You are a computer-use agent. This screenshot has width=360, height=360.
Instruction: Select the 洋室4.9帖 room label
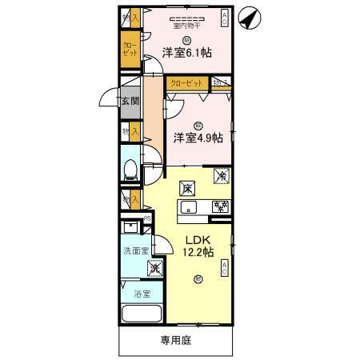point(197,137)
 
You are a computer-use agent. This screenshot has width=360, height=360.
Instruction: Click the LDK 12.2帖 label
point(198,246)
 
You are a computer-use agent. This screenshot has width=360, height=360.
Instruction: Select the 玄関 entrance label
point(130,102)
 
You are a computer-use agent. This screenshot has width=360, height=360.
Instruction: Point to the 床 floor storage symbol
point(186,189)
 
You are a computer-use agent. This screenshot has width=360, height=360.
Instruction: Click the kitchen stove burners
point(220,207)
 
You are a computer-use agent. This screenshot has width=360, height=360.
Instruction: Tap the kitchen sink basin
point(190,209)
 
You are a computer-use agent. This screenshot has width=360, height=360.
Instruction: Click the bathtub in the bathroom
point(141,315)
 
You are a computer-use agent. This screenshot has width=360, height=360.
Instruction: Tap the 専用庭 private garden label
point(175,339)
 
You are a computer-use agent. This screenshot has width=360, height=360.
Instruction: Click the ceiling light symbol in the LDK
point(198,279)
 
